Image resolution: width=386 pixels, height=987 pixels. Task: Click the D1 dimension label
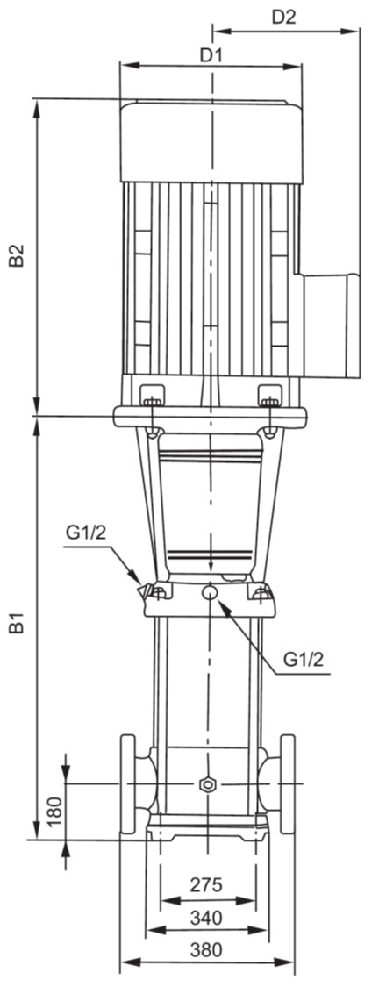coord(211,55)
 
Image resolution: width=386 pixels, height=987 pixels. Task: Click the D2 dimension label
coord(284,18)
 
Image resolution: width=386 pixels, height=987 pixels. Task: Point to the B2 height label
coord(18,255)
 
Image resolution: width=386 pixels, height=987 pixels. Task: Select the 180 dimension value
coord(54,812)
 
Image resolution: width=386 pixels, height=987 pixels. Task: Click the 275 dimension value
coord(207,885)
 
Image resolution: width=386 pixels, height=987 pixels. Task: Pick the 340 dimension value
coord(206,919)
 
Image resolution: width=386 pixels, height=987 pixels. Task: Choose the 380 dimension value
coord(206,950)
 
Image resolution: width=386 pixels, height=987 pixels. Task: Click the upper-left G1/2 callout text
coord(86,534)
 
